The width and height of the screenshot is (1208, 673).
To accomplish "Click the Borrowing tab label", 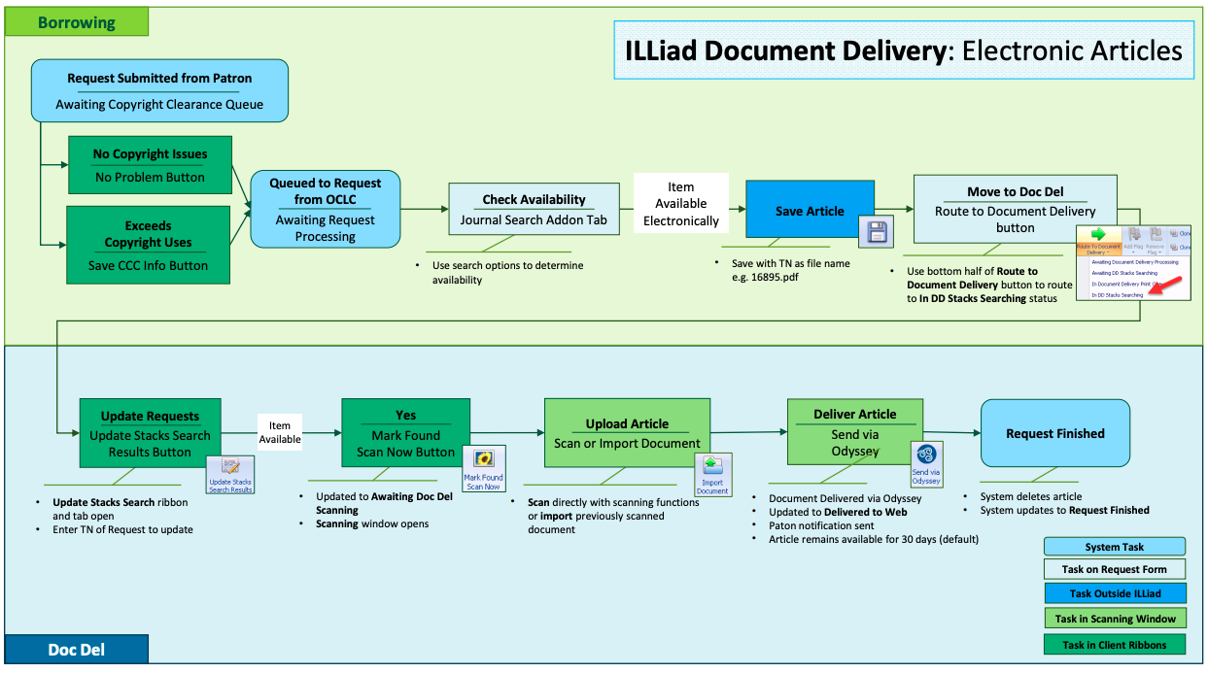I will pyautogui.click(x=76, y=22).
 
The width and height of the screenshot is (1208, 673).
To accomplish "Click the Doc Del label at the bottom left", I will pyautogui.click(x=77, y=649).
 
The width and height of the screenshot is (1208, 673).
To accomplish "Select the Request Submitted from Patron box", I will pyautogui.click(x=159, y=90).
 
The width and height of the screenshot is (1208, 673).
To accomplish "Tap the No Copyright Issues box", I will pyautogui.click(x=150, y=165).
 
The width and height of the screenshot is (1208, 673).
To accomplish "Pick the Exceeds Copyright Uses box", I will pyautogui.click(x=148, y=245).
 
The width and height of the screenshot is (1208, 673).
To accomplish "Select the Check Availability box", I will pyautogui.click(x=534, y=209).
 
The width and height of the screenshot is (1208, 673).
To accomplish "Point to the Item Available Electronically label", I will pyautogui.click(x=680, y=204).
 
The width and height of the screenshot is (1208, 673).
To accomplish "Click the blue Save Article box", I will pyautogui.click(x=810, y=210).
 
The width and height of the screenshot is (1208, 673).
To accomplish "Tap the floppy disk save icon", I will pyautogui.click(x=877, y=232).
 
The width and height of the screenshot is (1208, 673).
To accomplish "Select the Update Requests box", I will pyautogui.click(x=150, y=433).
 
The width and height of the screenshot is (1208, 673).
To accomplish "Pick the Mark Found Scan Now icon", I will pyautogui.click(x=483, y=469).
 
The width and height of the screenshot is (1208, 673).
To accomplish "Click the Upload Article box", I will pyautogui.click(x=627, y=433).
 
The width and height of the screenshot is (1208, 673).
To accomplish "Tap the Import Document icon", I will pyautogui.click(x=712, y=474).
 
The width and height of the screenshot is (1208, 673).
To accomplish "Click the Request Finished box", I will pyautogui.click(x=1054, y=433).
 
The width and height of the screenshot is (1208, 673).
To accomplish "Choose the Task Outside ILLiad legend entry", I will pyautogui.click(x=1115, y=593).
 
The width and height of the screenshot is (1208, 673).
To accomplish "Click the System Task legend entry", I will pyautogui.click(x=1115, y=547).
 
